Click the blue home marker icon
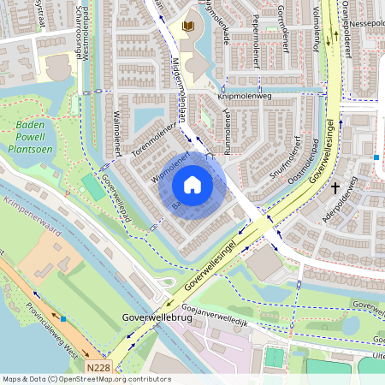pyautogui.click(x=192, y=184)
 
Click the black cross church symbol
pyautogui.click(x=335, y=187)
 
